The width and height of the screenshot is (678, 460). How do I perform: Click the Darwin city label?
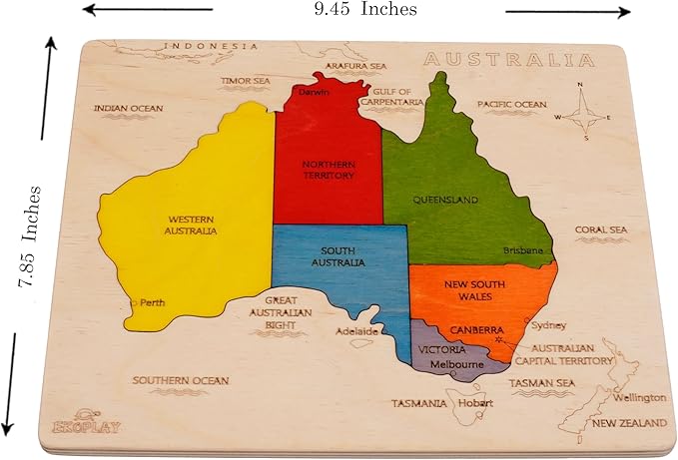click(x=314, y=93)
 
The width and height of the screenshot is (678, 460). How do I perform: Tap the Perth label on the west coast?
click(x=152, y=302)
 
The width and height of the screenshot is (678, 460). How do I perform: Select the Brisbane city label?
click(x=523, y=250)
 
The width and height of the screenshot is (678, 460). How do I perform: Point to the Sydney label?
click(x=549, y=325)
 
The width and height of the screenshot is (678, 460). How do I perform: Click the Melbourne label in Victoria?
click(x=457, y=366)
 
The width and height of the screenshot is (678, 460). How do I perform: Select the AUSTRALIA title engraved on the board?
click(x=508, y=60)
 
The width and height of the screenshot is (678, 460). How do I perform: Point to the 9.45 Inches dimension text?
click(x=364, y=10)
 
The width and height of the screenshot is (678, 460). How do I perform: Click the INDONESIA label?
click(x=211, y=46)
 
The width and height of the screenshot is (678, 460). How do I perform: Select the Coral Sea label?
click(x=601, y=230)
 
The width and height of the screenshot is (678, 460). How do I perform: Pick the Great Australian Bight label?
click(x=288, y=312)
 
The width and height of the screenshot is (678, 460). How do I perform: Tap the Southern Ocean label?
click(x=181, y=380)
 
